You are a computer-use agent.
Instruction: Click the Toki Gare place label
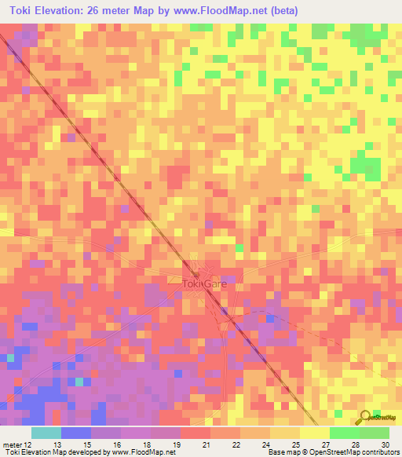pos(203,283)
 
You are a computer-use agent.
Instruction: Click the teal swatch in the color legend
pos(46,433)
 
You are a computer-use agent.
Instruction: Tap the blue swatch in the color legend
pos(76,433)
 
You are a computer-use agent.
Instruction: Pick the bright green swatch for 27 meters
pos(345,433)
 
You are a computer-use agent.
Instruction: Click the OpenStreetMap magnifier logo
pos(365,417)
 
